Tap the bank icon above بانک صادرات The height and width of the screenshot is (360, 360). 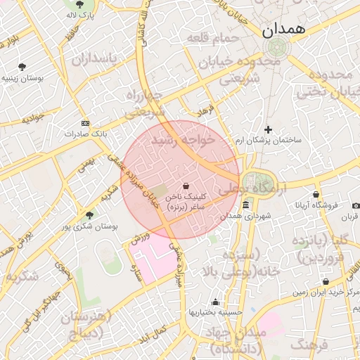tap(85, 122)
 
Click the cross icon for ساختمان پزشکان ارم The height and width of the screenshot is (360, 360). tap(268, 129)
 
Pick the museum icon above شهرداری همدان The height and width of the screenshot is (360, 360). tap(245, 205)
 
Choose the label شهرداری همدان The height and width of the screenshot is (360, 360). tap(245, 216)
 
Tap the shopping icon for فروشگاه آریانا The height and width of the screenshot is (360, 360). tap(316, 195)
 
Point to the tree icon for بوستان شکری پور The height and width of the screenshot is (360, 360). tap(89, 214)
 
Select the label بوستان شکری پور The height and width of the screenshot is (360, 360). tap(89, 226)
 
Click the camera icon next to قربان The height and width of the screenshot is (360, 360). tap(355, 206)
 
